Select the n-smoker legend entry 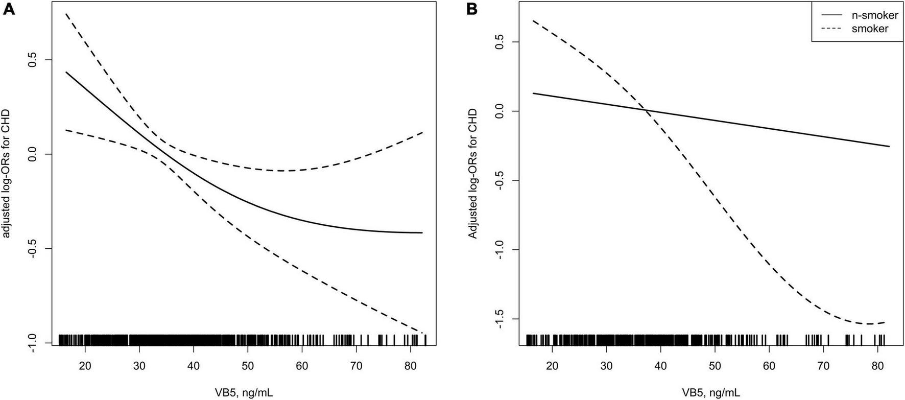tap(874, 15)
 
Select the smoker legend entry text tap(870, 29)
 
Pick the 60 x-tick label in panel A tap(301, 366)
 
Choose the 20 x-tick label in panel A tap(85, 366)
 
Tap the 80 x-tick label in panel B tap(877, 366)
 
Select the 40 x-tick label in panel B tap(660, 366)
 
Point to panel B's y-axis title tap(473, 174)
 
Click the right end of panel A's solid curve tap(422, 233)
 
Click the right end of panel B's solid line tap(890, 147)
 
